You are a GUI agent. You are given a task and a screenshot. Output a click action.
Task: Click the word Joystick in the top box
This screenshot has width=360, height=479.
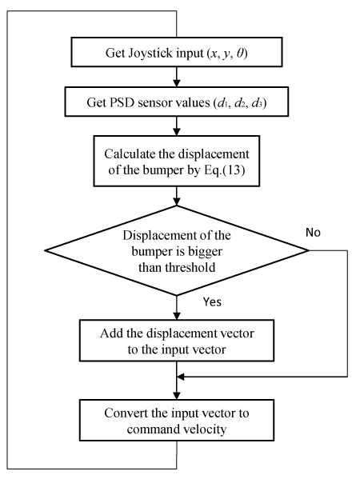[x=150, y=53]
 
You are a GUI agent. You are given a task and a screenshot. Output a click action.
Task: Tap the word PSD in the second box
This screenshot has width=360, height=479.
[x=122, y=102]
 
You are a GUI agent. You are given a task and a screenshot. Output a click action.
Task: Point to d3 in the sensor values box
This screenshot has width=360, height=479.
[x=258, y=103]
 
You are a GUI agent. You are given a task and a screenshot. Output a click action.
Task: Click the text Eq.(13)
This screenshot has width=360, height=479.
[x=224, y=170]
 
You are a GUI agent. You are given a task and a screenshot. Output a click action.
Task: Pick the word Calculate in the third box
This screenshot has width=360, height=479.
[x=130, y=154]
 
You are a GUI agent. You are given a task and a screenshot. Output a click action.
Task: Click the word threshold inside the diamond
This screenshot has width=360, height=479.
[x=190, y=267]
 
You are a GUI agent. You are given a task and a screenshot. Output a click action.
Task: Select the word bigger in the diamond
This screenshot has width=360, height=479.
[x=205, y=252]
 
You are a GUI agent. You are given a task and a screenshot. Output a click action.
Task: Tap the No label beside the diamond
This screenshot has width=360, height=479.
[x=313, y=233]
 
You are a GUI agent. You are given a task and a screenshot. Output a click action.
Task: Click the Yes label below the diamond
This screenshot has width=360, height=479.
[x=212, y=301]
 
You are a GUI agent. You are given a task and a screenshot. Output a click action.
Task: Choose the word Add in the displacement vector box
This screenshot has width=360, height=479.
[x=111, y=333]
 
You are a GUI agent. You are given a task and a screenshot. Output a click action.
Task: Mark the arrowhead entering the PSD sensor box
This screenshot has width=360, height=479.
[x=177, y=83]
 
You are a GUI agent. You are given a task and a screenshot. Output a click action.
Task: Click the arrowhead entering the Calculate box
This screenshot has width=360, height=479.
[x=177, y=132]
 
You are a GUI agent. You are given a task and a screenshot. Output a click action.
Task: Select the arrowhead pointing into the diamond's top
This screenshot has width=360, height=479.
[x=177, y=202]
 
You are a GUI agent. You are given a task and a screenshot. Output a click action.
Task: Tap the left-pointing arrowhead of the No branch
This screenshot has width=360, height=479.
[x=181, y=377]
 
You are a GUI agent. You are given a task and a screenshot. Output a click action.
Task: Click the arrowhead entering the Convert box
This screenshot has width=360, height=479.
[x=177, y=396]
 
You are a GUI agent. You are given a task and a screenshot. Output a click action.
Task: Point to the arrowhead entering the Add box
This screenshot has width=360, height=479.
[x=177, y=316]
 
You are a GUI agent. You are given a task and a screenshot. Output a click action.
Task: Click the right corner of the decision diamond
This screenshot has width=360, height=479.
[x=309, y=250]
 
